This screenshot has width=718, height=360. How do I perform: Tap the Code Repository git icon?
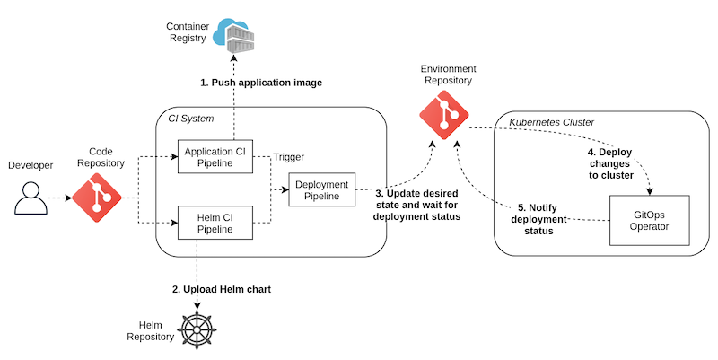[x=96, y=198]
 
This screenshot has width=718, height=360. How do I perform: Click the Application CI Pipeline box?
[x=215, y=155]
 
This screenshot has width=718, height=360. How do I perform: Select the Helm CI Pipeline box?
[x=215, y=223]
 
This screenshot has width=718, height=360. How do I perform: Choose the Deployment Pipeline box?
[x=321, y=189]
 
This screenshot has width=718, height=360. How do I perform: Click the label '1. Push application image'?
[x=260, y=83]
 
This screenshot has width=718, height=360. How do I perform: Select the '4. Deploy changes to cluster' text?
[x=609, y=164]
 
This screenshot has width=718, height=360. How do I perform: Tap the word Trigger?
[x=288, y=156]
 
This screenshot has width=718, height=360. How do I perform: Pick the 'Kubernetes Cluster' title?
[x=551, y=121]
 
